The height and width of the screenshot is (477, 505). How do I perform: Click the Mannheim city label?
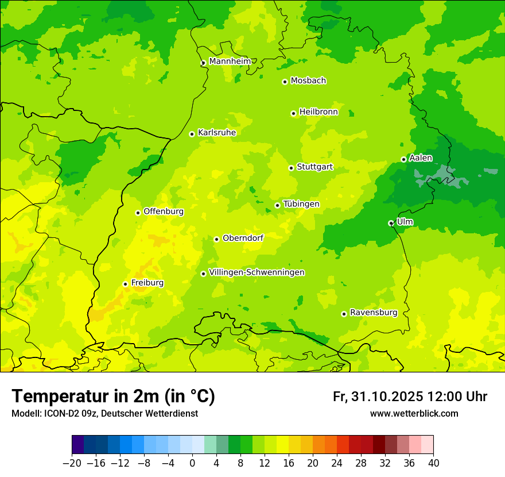(230, 61)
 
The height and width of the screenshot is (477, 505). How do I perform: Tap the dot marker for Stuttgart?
(291, 168)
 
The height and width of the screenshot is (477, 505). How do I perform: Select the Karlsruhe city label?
(216, 133)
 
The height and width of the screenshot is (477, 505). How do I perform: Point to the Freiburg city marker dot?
(125, 284)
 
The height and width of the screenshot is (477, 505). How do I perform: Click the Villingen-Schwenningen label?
(257, 272)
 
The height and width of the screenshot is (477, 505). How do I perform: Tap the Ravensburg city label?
(373, 313)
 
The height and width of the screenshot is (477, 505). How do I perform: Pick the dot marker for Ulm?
(391, 223)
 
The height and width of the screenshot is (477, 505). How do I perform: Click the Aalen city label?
(421, 158)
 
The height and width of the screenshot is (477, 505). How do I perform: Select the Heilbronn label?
(318, 112)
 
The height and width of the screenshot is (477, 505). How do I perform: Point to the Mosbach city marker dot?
(285, 82)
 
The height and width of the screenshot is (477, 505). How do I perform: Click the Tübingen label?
(301, 204)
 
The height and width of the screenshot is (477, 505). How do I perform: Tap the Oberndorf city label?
(243, 238)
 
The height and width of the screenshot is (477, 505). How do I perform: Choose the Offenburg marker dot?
(138, 213)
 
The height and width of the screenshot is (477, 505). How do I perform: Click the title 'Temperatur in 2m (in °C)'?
(113, 396)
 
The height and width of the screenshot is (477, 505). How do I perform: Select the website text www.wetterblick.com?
(414, 414)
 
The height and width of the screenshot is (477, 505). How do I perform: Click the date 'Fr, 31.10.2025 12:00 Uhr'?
(410, 397)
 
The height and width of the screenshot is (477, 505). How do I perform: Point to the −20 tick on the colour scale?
(72, 463)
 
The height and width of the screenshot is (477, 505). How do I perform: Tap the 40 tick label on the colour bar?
(433, 463)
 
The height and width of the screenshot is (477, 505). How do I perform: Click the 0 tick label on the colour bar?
(192, 463)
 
